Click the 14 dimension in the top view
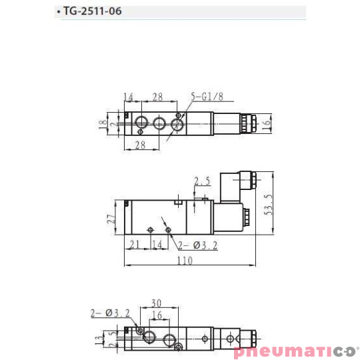[x=129, y=97]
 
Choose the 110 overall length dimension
[x=185, y=261]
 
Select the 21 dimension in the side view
[x=135, y=245]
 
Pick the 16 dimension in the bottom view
[x=157, y=315]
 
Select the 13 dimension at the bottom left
[x=99, y=340]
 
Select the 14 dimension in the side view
[x=157, y=245]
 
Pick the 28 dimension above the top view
[x=157, y=97]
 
